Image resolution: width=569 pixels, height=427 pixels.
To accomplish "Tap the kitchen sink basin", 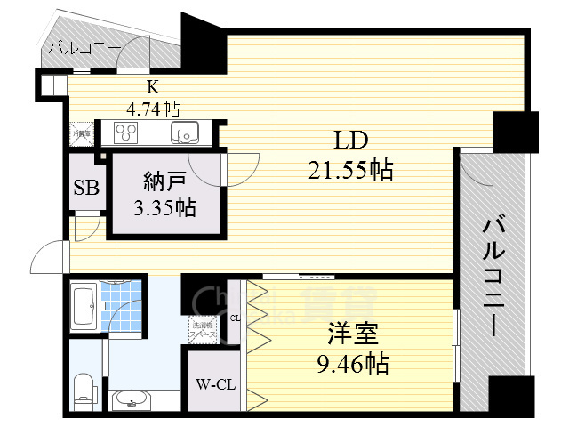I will pyautogui.click(x=187, y=134).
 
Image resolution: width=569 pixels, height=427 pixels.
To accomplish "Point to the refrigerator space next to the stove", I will pyautogui.click(x=81, y=133).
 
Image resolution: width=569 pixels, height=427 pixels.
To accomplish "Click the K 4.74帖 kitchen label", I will pyautogui.click(x=153, y=99).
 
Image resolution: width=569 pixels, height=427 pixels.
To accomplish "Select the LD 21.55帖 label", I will pyautogui.click(x=350, y=155).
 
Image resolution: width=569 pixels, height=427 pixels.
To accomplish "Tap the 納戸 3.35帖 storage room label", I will pyautogui.click(x=166, y=196).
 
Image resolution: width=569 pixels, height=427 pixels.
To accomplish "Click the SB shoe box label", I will pyautogui.click(x=86, y=189).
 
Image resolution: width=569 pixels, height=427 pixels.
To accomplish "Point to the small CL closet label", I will pyautogui.click(x=235, y=318).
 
